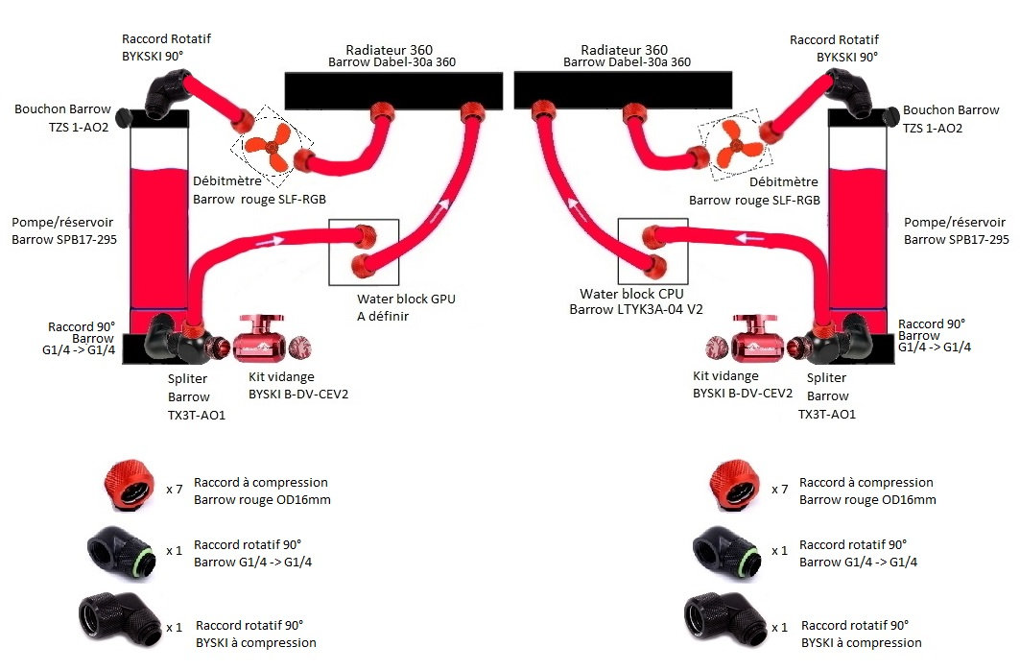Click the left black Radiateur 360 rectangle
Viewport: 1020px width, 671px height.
(x=390, y=88)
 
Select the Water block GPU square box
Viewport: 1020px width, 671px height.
(x=362, y=252)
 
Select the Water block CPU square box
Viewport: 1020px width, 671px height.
(x=652, y=251)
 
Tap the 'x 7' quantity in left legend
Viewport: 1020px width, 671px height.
(x=174, y=490)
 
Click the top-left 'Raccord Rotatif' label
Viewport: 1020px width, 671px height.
(x=166, y=39)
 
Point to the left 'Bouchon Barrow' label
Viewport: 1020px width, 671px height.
(x=62, y=109)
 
